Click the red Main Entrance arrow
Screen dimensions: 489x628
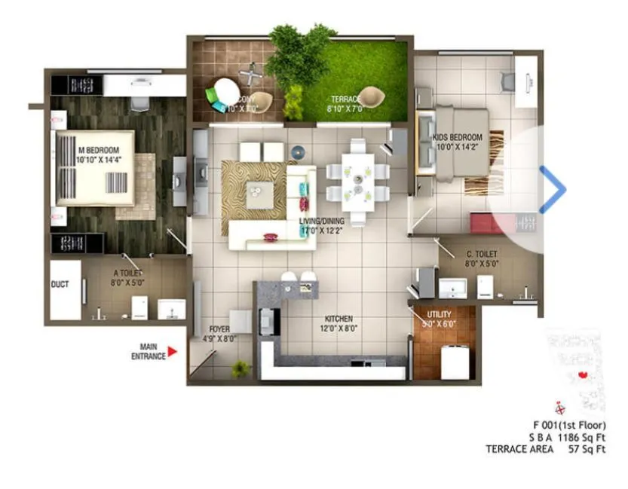(x=173, y=351)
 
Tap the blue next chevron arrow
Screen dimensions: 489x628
(x=553, y=190)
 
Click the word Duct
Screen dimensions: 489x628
(x=60, y=285)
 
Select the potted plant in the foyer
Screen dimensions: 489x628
(x=240, y=369)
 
